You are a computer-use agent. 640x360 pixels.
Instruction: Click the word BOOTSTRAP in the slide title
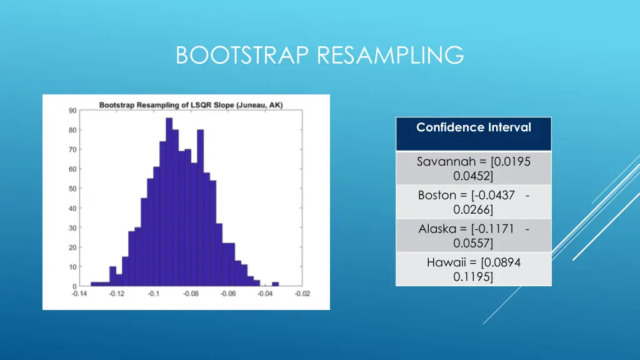[x=244, y=55]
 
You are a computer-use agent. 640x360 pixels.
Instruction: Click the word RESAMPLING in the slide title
[x=391, y=55]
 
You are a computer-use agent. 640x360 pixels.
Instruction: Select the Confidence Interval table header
[x=473, y=128]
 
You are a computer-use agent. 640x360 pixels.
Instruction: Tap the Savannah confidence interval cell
[x=473, y=168]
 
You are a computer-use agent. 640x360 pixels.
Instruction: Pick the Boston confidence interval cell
[x=473, y=202]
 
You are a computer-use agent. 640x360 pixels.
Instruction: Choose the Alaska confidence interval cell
[x=473, y=236]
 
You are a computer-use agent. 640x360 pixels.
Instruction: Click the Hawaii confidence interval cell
[x=473, y=269]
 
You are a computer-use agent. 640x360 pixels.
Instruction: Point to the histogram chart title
[x=191, y=104]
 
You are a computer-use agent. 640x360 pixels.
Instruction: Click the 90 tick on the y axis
[x=72, y=111]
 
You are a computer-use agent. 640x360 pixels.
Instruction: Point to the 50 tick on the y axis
[x=72, y=189]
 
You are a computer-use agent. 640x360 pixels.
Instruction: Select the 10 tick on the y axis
[x=72, y=267]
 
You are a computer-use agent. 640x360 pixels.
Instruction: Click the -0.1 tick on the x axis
[x=153, y=294]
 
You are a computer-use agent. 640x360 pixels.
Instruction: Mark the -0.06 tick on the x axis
[x=228, y=294]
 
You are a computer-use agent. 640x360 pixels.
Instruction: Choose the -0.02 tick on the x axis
[x=302, y=294]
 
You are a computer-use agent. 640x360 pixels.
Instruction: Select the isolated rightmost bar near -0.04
[x=275, y=284]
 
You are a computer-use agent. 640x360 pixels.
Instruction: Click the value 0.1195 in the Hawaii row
[x=473, y=276]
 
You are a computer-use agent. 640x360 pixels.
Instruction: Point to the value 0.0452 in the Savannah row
[x=473, y=175]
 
